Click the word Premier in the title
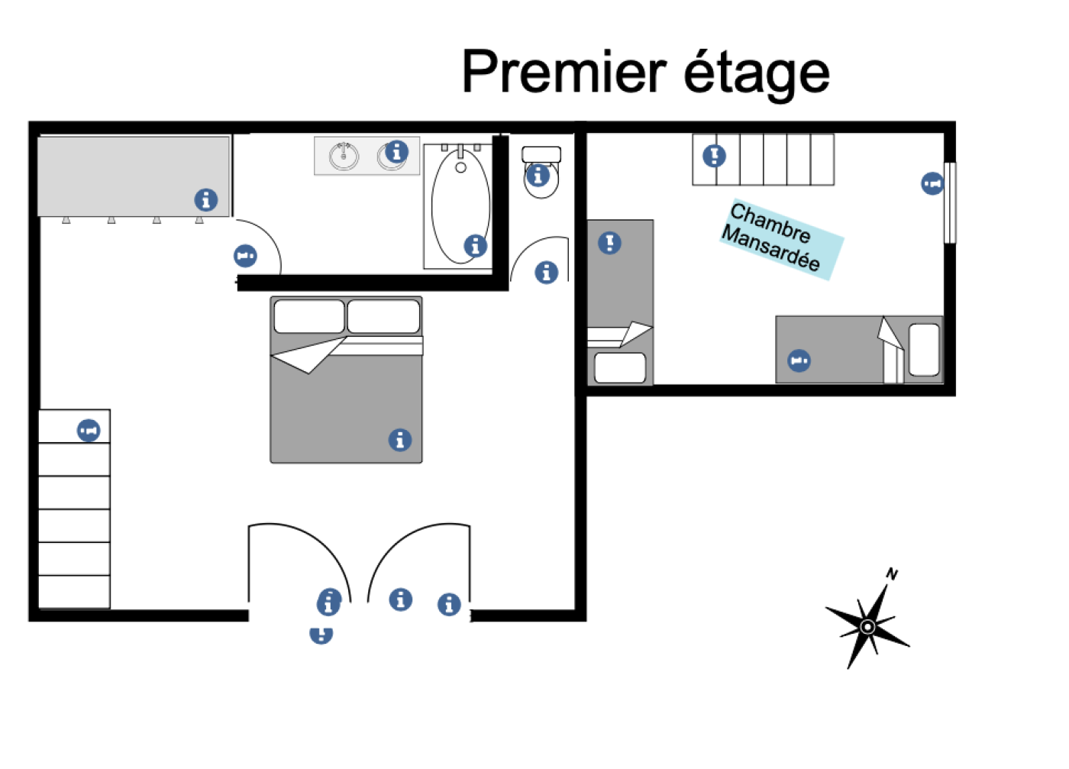coord(564,73)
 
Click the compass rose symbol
coord(868,627)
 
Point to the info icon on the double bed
coord(400,440)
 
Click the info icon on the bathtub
coord(476,246)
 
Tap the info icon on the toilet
coord(538,176)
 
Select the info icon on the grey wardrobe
coord(205,200)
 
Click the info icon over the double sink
coord(396,152)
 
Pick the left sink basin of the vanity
coord(344,157)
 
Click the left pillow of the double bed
coord(308,316)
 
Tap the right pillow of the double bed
coord(383,316)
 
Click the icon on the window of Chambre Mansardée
coord(932,183)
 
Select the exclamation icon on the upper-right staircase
coord(714,156)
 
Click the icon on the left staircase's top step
coord(89,431)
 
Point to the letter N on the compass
coord(892,574)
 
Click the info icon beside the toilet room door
coord(547,272)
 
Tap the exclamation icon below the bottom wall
coord(321,634)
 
